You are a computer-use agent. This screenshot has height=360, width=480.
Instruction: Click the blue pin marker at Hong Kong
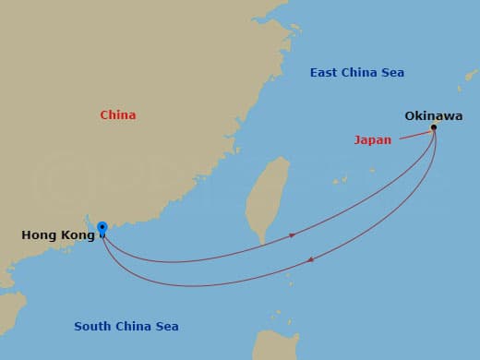[x=102, y=227]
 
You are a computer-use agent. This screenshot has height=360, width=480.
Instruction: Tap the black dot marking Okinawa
[x=434, y=127]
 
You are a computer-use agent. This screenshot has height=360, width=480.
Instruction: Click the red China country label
[x=118, y=115]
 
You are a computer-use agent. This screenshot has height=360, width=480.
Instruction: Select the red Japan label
[x=373, y=140]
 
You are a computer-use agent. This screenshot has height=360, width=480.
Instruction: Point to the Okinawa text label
[x=433, y=116]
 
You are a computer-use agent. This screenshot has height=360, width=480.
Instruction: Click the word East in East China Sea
[x=325, y=73]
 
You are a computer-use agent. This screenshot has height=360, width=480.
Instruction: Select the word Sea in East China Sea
[x=392, y=73]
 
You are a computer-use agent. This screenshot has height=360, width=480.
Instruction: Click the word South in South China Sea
[x=92, y=327]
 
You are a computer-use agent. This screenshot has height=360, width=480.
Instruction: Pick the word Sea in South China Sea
[x=167, y=327]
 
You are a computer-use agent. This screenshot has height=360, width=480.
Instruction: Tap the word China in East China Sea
[x=361, y=73]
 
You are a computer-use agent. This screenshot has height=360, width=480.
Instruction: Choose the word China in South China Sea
[x=133, y=327]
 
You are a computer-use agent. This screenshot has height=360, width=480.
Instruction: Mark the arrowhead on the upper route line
[x=293, y=235]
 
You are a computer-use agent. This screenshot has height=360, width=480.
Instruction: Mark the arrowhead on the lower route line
[x=310, y=260]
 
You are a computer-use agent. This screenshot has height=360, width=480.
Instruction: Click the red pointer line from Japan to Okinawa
[x=414, y=136]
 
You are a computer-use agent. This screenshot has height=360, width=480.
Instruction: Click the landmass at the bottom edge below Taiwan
[x=277, y=345]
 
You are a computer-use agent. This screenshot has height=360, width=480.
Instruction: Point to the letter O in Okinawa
[x=410, y=116]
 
